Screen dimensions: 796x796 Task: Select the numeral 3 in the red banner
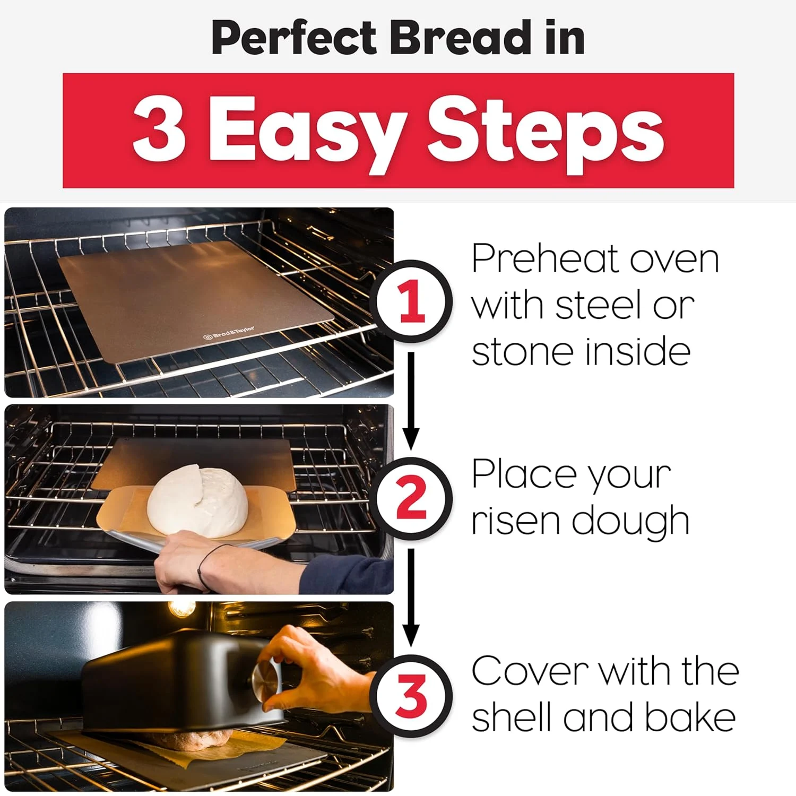point(159,130)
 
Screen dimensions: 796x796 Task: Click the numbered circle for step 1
point(412,301)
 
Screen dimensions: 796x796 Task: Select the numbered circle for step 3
point(412,696)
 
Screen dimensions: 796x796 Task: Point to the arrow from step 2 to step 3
point(410,597)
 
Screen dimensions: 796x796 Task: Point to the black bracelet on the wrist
point(204,565)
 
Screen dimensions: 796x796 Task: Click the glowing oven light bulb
point(180,609)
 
